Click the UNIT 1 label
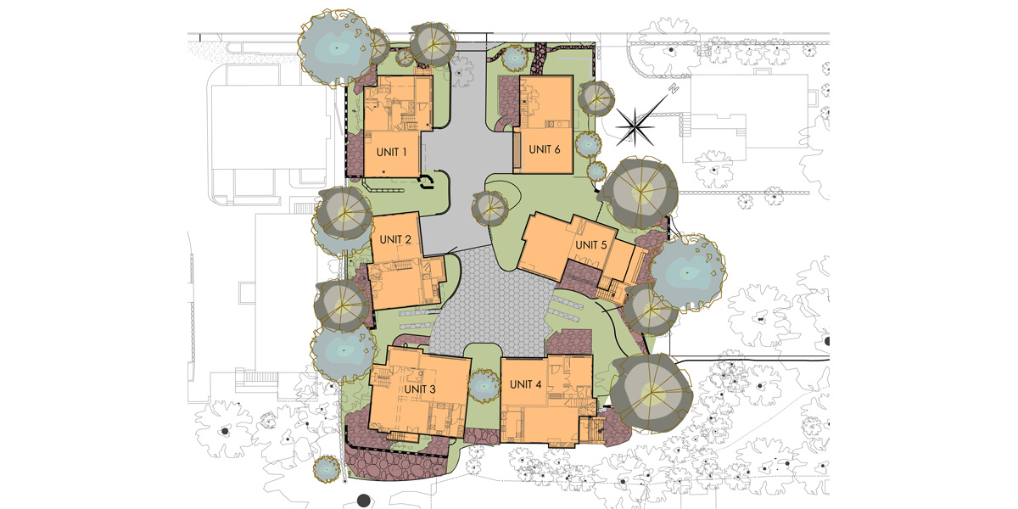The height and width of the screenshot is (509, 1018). [391, 152]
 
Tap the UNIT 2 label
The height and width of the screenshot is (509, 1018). [395, 239]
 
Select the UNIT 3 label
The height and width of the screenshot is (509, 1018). [420, 389]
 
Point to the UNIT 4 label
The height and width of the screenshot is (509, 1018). [525, 384]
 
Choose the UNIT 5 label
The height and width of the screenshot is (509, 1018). [591, 245]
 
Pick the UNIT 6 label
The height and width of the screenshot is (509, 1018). [545, 149]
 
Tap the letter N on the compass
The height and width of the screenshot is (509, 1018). [674, 88]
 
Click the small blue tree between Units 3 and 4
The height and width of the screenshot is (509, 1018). [484, 386]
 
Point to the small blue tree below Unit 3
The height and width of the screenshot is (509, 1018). [327, 469]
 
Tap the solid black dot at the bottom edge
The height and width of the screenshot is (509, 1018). [364, 501]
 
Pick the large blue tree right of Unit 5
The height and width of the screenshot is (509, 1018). [688, 272]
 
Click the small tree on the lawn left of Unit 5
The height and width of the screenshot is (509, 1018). [489, 209]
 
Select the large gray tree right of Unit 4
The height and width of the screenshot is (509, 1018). [651, 393]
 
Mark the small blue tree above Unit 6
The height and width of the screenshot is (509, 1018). [514, 58]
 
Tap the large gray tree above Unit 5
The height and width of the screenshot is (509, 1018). [640, 193]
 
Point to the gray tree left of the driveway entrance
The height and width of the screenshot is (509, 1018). [433, 44]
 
